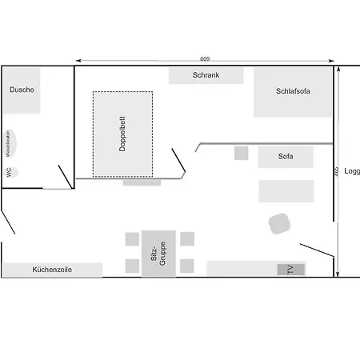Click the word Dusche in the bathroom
click(x=22, y=90)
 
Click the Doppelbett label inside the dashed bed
click(x=122, y=134)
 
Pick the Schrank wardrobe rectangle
click(x=206, y=75)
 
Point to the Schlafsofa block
click(x=293, y=91)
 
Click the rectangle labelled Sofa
click(x=285, y=157)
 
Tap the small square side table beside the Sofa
click(x=241, y=153)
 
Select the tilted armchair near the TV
click(x=279, y=222)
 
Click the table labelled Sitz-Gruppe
click(x=158, y=254)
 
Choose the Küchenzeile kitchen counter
click(x=52, y=270)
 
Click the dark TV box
click(x=291, y=270)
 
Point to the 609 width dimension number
click(x=206, y=58)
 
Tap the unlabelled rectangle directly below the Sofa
click(x=286, y=191)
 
